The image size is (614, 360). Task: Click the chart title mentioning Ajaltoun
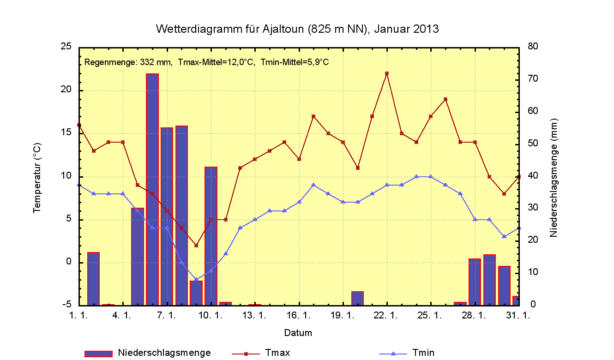(297, 29)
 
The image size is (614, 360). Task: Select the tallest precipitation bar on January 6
(152, 189)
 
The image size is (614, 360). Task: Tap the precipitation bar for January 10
(211, 235)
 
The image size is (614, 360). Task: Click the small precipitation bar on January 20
(357, 298)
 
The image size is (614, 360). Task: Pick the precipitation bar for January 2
(94, 279)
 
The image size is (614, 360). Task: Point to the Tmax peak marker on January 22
(387, 73)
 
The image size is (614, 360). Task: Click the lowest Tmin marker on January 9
(196, 280)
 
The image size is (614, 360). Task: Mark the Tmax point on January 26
(445, 99)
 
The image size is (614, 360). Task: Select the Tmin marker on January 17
(313, 185)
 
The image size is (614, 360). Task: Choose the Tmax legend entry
(277, 353)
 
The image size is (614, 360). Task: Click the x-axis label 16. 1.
(299, 316)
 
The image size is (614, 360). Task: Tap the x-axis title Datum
(298, 332)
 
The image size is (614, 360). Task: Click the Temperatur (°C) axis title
(37, 178)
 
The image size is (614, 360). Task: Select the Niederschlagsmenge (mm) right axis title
(554, 178)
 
